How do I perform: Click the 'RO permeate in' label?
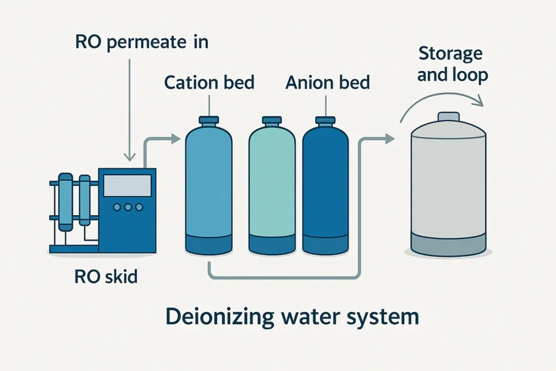click(141, 42)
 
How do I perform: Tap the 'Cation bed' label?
click(209, 83)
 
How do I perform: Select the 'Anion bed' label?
click(327, 83)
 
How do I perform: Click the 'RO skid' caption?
click(106, 277)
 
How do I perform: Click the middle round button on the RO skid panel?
click(128, 207)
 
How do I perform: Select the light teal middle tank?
click(272, 185)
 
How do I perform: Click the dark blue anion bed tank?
click(326, 185)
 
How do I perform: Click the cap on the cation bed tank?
click(209, 120)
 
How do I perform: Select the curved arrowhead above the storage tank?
click(478, 101)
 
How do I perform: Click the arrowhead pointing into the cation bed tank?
click(175, 139)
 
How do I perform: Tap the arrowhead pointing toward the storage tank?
click(389, 139)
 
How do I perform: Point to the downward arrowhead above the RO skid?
click(129, 158)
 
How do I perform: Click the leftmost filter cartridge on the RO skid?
click(66, 201)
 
